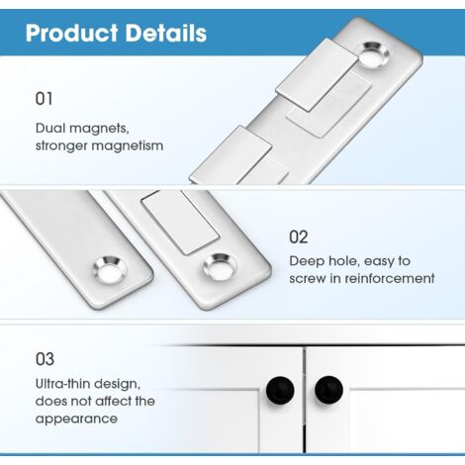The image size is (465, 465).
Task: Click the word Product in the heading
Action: (x=72, y=34)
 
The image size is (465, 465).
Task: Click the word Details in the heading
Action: (x=166, y=33)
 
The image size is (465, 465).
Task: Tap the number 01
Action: (x=44, y=99)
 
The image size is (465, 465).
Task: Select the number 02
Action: (x=299, y=237)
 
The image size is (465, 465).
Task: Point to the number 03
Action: (x=45, y=359)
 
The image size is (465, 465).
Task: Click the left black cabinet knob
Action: (x=280, y=390)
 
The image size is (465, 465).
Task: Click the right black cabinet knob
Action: (x=328, y=390)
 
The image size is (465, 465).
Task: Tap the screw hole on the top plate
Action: (x=373, y=55)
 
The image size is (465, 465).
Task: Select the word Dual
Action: (x=49, y=128)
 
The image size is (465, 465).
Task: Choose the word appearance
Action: (x=76, y=419)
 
